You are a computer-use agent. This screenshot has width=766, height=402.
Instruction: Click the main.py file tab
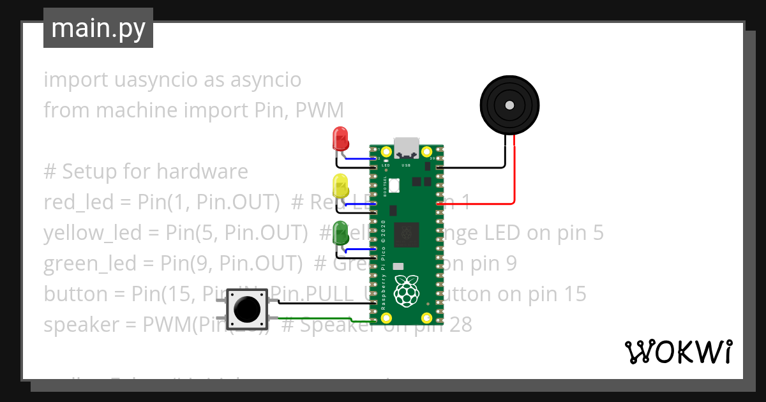[98, 28]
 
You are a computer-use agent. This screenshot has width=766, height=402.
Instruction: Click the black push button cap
[247, 309]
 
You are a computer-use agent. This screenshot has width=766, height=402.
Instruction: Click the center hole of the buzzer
[509, 105]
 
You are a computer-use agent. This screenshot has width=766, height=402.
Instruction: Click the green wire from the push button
[319, 318]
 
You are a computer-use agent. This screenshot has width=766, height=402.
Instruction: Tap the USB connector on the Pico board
[406, 147]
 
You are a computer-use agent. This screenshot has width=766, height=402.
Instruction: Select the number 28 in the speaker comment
[459, 325]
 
